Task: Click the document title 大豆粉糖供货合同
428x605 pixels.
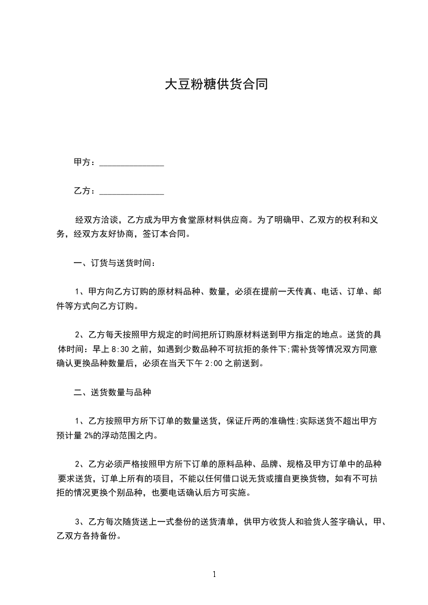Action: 216,85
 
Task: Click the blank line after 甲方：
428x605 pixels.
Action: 132,163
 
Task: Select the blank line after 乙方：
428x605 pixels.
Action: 132,191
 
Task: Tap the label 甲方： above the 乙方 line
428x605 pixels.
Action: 85,162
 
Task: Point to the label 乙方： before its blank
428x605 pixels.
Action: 85,191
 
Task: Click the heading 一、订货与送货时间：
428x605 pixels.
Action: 115,263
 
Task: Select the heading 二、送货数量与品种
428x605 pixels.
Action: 112,393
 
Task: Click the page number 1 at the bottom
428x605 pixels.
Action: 214,574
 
